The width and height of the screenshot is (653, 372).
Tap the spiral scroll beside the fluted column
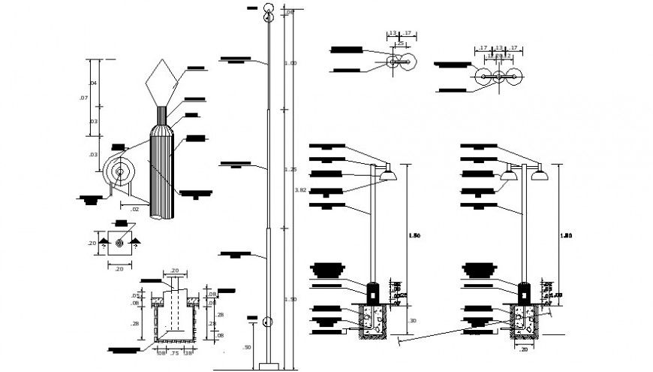coord(119,172)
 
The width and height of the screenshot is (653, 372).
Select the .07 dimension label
coord(83,98)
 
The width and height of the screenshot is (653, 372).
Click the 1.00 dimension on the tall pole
coord(290,63)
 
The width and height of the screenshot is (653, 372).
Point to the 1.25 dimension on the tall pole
coord(290,170)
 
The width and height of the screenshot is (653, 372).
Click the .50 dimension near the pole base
coord(247,347)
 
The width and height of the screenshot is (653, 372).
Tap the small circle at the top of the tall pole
coord(269,10)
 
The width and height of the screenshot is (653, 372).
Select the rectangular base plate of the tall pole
coord(268,366)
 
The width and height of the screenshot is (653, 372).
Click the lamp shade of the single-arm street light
coord(388,176)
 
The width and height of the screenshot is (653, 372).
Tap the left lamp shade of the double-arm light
coord(509,176)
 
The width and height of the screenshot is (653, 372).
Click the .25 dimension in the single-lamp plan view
coord(401,44)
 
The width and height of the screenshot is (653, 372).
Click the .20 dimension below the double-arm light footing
coord(522,349)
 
